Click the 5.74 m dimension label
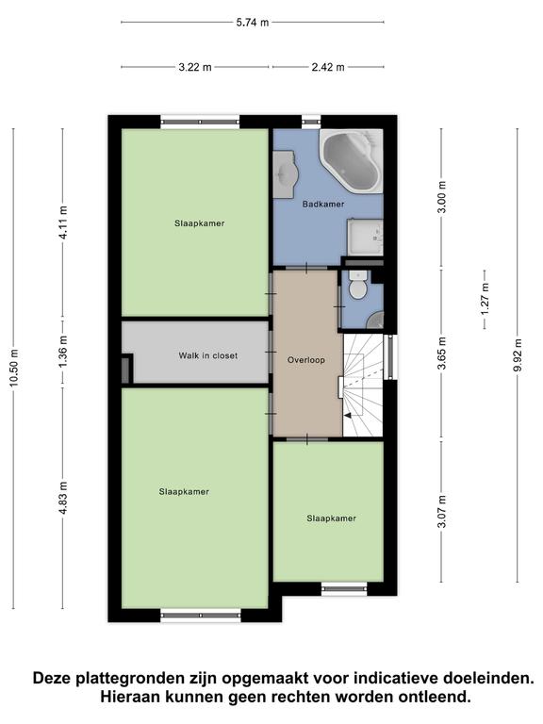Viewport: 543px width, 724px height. [x=253, y=23]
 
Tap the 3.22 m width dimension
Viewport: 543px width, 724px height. [x=195, y=67]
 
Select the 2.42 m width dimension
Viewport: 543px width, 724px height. [x=328, y=67]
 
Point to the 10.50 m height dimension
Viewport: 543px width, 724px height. [x=13, y=368]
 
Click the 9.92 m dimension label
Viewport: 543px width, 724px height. [x=518, y=355]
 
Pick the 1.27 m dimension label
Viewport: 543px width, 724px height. [x=485, y=299]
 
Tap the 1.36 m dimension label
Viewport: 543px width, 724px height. [x=63, y=352]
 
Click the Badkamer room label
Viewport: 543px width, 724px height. [x=323, y=204]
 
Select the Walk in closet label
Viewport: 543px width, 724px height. [x=208, y=355]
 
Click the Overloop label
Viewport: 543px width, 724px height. [x=306, y=360]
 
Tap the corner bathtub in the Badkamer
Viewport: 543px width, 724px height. [x=352, y=160]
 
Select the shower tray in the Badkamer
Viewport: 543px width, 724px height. [x=365, y=237]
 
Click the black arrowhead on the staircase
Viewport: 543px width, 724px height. [x=348, y=415]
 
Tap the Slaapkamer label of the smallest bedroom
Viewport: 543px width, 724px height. [x=332, y=518]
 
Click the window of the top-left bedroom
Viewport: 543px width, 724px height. [x=201, y=122]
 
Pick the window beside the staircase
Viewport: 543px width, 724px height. [x=391, y=357]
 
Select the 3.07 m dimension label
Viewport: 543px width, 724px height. [x=442, y=511]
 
